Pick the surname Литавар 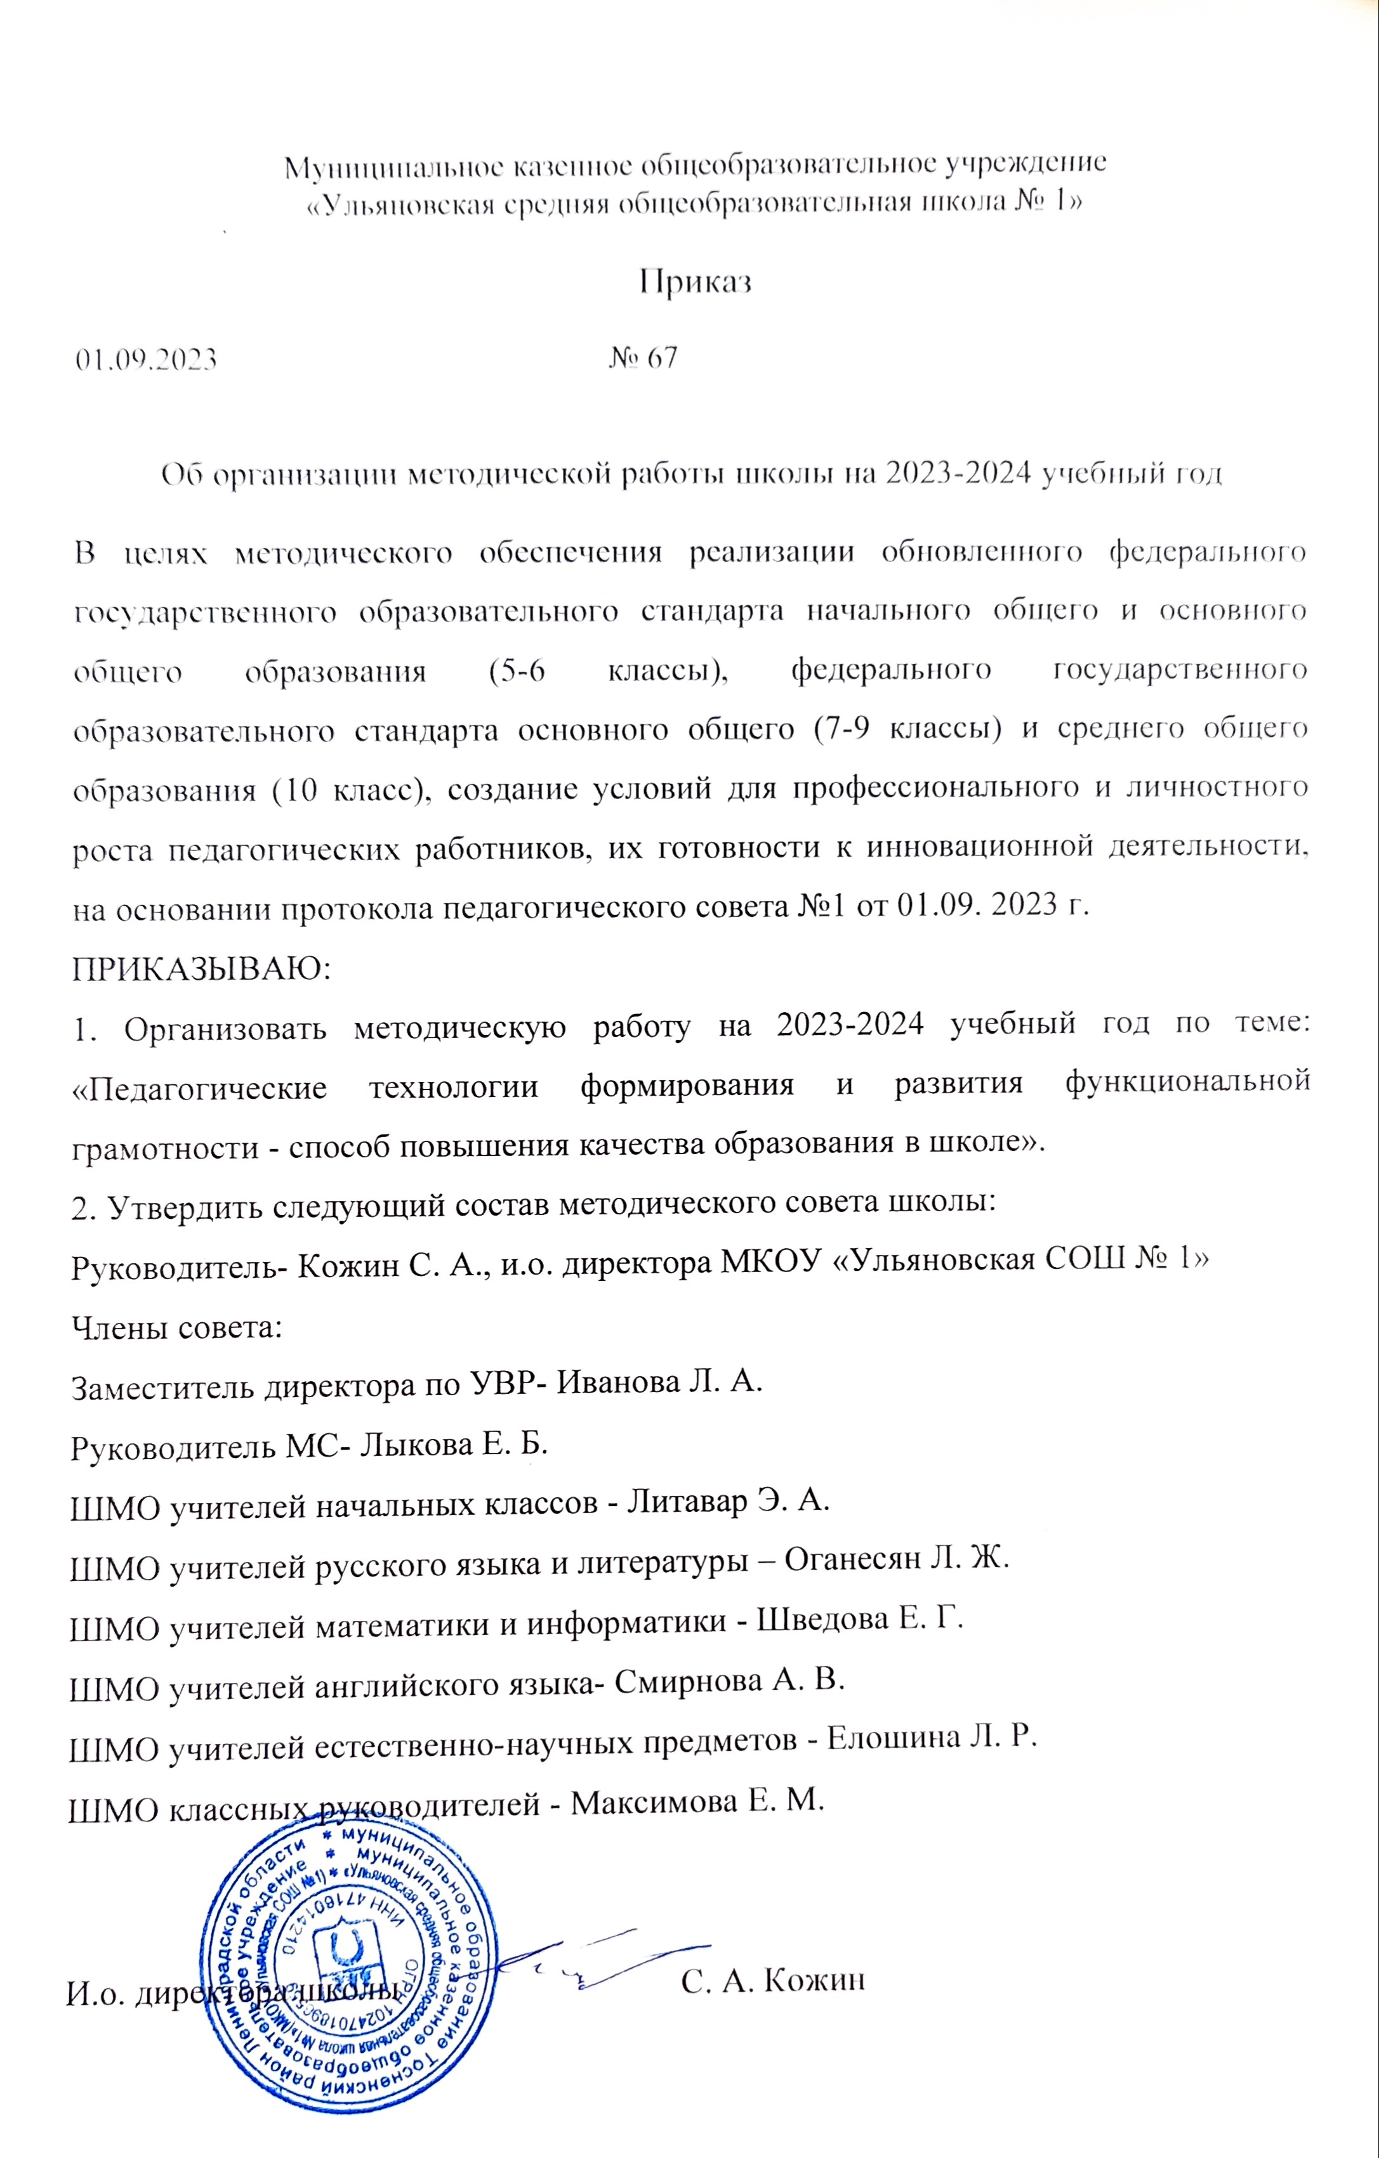pos(686,1501)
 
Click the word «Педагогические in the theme pos(198,1087)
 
